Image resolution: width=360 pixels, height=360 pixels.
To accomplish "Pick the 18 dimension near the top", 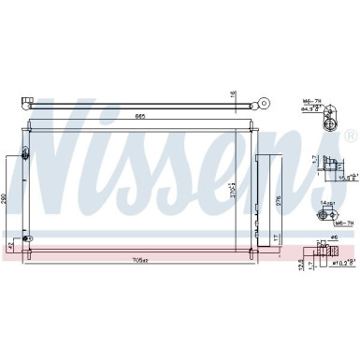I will pos(235,94).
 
